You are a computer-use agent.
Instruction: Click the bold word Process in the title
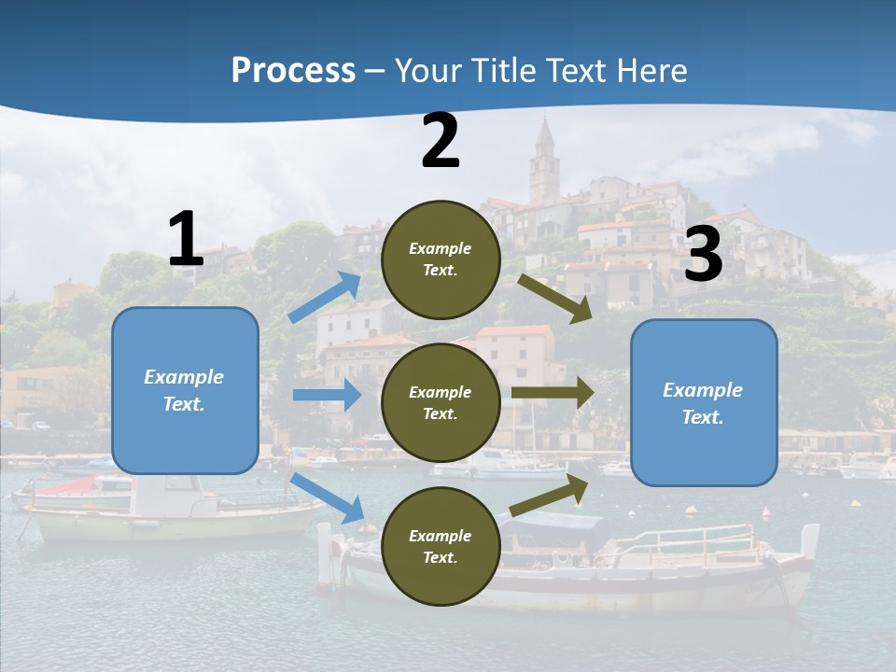tap(293, 71)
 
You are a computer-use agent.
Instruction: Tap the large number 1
tap(186, 240)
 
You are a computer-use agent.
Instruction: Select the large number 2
tap(441, 142)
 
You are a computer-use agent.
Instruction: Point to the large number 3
tap(703, 254)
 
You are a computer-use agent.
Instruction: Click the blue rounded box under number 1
tap(185, 390)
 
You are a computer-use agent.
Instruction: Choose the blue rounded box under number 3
tap(704, 403)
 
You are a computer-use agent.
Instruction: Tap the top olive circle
tap(441, 259)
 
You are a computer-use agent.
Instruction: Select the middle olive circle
tap(441, 402)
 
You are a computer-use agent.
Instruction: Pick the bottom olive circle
tap(441, 546)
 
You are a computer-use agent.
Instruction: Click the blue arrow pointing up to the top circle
tap(326, 298)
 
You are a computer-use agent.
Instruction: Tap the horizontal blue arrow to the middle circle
tap(327, 395)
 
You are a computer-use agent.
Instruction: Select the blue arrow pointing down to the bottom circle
tap(328, 497)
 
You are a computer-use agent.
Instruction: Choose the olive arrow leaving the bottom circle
tap(550, 496)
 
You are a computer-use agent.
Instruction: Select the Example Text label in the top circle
tap(441, 259)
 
